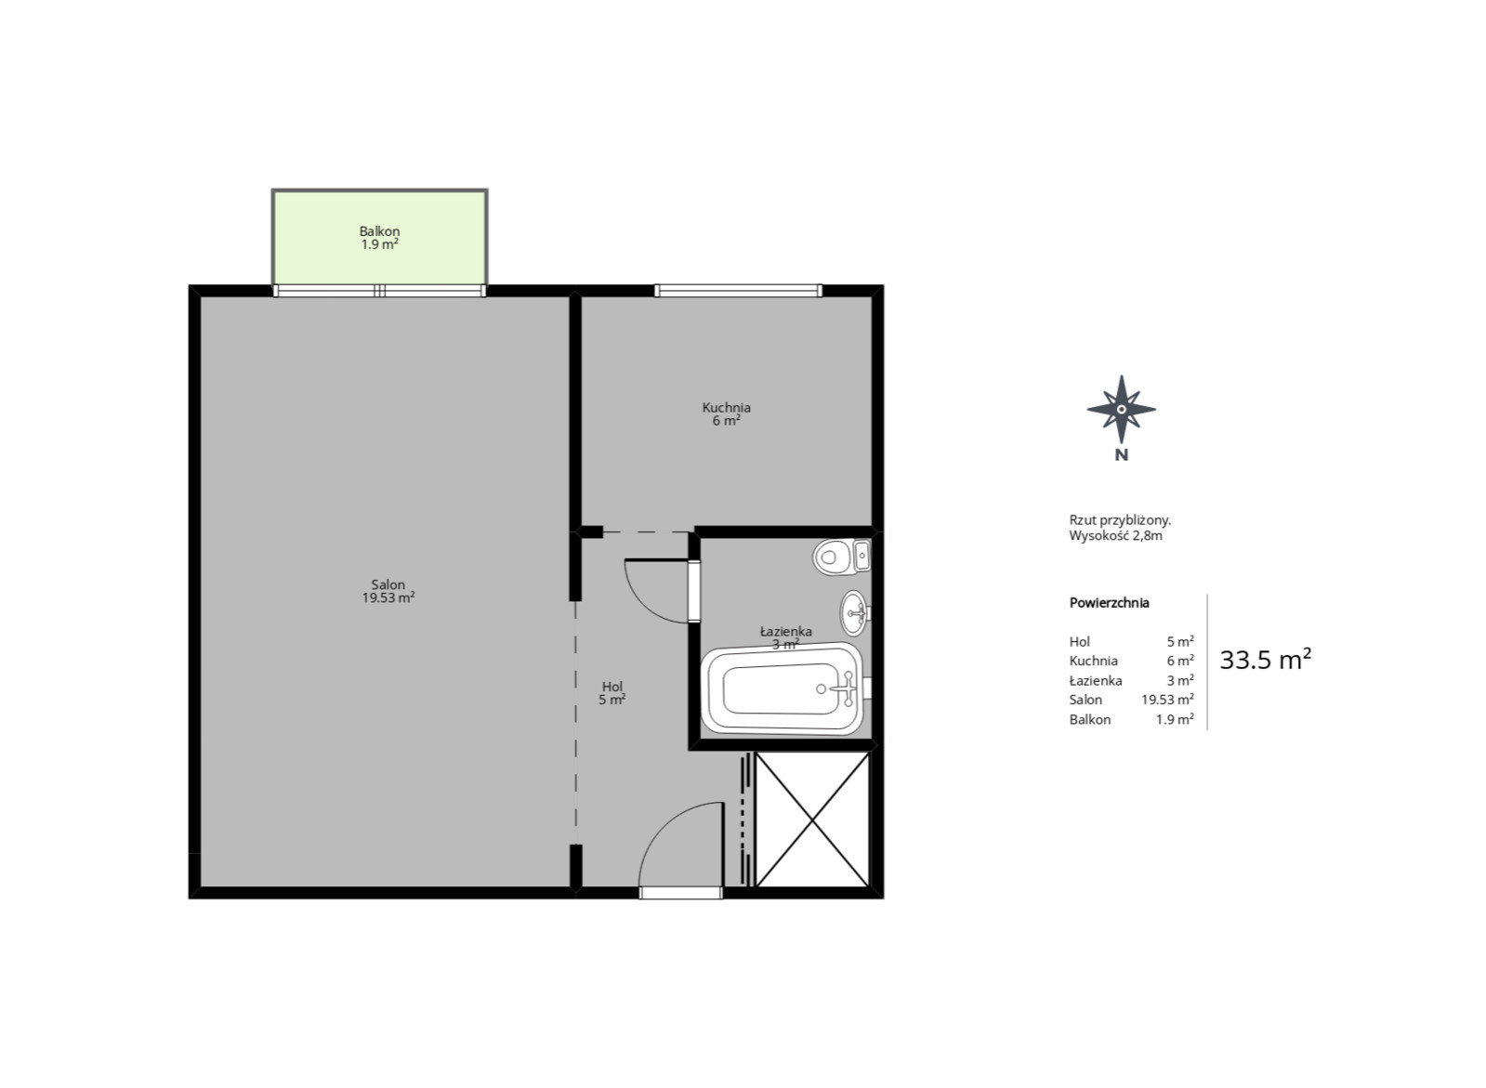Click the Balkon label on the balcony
379,230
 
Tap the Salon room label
388,584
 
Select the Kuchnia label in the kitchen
727,407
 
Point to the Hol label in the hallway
612,687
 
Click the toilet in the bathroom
842,556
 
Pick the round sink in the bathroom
855,613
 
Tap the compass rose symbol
1121,410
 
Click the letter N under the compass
1121,455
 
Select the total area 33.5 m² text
1265,660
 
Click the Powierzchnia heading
1110,602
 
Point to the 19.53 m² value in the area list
1167,700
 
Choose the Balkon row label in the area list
1089,719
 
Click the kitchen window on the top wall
739,291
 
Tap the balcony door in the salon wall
379,291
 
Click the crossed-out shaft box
812,819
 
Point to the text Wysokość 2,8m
1115,536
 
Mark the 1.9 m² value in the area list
1175,719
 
